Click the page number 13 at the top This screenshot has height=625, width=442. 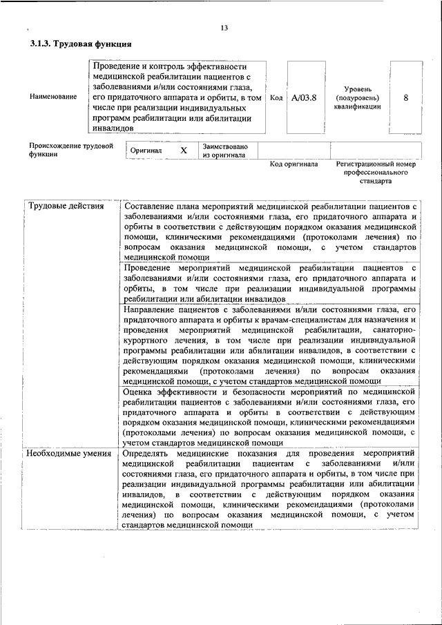(224, 28)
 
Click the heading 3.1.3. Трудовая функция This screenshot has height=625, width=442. (81, 44)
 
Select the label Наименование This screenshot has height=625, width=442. (53, 97)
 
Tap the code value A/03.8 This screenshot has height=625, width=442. (303, 97)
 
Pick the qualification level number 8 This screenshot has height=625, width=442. (405, 97)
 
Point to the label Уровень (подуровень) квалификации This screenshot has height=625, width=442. (362, 97)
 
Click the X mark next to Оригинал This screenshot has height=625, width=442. (184, 150)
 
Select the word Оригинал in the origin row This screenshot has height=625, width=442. (146, 150)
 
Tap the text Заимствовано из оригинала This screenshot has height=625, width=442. (224, 151)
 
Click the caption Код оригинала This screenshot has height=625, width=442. (294, 164)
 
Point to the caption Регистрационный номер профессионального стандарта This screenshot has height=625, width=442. (376, 173)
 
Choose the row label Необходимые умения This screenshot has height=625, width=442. (69, 453)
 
